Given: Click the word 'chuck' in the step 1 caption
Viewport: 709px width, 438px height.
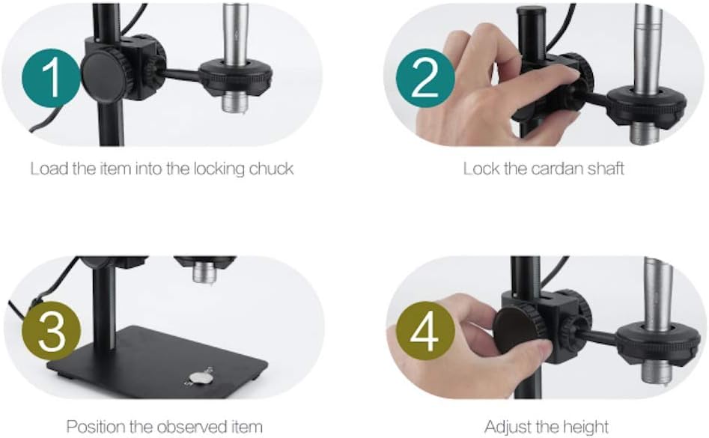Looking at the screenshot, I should (x=269, y=168).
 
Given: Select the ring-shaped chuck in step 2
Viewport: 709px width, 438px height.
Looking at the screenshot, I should (x=646, y=106).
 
